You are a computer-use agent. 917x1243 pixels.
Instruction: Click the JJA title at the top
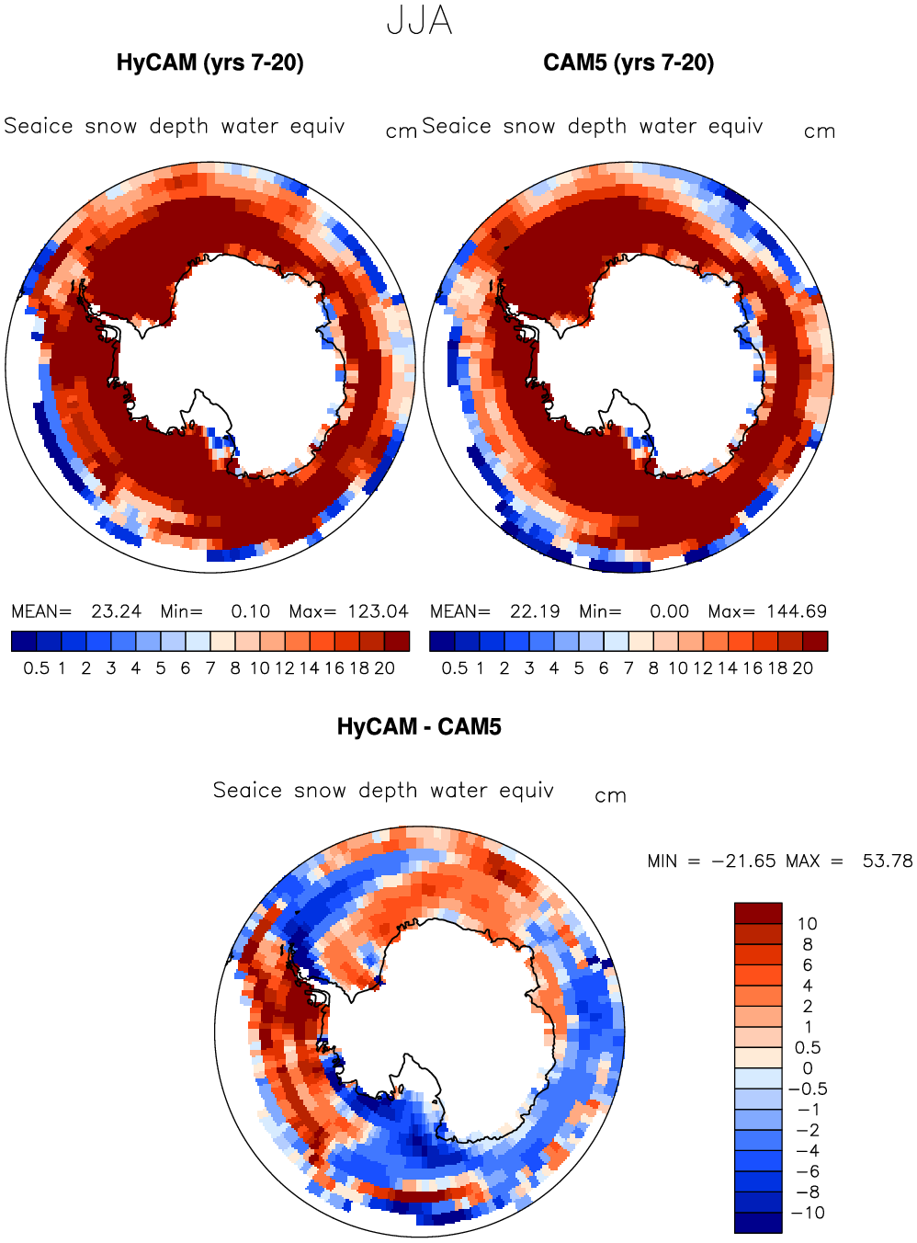click(x=419, y=22)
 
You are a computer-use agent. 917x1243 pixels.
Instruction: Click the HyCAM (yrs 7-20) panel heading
click(x=210, y=63)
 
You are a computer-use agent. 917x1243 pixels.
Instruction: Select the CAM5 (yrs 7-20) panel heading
click(x=628, y=63)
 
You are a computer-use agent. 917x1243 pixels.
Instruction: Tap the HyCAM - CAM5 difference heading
click(x=419, y=727)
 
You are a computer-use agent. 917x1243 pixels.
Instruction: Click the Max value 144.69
click(x=797, y=611)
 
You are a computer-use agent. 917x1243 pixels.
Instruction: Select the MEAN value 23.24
click(x=117, y=611)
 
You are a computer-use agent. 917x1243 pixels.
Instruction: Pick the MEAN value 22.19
click(x=535, y=611)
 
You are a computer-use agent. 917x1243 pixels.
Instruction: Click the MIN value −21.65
click(x=743, y=861)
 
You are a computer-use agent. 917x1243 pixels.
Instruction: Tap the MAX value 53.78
click(x=888, y=861)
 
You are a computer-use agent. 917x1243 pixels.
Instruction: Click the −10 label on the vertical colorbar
click(x=808, y=1212)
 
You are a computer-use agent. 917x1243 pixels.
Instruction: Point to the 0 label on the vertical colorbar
click(x=808, y=1068)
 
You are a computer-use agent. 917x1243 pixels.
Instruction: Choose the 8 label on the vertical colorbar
click(x=808, y=944)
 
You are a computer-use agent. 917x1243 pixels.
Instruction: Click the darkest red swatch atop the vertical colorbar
click(x=758, y=913)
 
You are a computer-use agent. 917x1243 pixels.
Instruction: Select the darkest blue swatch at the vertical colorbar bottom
click(x=758, y=1223)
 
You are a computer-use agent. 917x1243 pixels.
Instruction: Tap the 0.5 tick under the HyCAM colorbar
click(x=37, y=668)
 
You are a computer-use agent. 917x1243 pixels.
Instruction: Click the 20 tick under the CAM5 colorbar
click(x=803, y=668)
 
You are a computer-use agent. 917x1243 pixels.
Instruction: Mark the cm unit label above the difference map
click(x=611, y=796)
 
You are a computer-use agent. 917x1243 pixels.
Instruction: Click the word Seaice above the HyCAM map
click(x=38, y=126)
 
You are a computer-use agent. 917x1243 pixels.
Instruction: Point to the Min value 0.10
click(x=251, y=611)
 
